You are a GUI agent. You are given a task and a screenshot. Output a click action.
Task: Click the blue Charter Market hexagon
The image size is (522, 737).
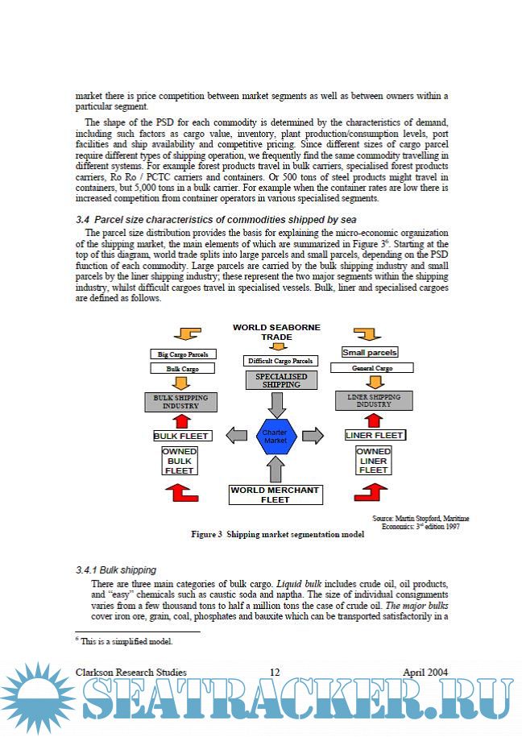pyautogui.click(x=276, y=436)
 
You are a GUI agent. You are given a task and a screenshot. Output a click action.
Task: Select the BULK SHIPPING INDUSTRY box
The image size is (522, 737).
pyautogui.click(x=180, y=401)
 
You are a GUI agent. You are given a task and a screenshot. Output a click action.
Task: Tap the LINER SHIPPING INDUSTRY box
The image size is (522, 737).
pyautogui.click(x=374, y=400)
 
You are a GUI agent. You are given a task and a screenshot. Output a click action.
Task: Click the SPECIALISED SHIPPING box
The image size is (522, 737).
pyautogui.click(x=276, y=380)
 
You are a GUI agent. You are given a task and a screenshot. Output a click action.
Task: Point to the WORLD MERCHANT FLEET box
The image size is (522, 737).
pyautogui.click(x=275, y=494)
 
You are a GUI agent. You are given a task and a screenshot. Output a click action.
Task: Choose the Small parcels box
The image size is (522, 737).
pyautogui.click(x=370, y=352)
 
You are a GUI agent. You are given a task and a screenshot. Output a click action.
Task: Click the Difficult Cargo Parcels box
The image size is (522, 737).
pyautogui.click(x=280, y=361)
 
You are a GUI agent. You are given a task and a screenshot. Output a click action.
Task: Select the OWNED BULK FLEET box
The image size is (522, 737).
pyautogui.click(x=180, y=461)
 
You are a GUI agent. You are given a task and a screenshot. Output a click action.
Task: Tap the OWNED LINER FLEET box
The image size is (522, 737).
pyautogui.click(x=374, y=461)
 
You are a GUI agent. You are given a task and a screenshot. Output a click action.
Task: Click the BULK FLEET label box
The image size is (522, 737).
pyautogui.click(x=182, y=436)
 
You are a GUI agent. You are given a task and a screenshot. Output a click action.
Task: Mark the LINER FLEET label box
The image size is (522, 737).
pyautogui.click(x=375, y=435)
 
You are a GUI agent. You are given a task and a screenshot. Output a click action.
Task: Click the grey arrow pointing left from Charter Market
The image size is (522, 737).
pyautogui.click(x=237, y=436)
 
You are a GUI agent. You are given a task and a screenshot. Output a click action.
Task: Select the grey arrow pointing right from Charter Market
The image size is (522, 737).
pyautogui.click(x=313, y=436)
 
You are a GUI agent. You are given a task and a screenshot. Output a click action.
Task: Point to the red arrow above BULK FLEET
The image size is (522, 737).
pyautogui.click(x=181, y=420)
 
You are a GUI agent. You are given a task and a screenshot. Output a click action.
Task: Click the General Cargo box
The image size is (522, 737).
pyautogui.click(x=373, y=368)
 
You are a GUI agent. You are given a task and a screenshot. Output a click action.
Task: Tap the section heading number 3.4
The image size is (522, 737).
pyautogui.click(x=82, y=219)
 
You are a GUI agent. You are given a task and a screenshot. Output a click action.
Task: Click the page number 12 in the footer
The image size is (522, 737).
pyautogui.click(x=275, y=672)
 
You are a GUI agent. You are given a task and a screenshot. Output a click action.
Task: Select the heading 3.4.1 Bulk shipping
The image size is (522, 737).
pyautogui.click(x=116, y=569)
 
